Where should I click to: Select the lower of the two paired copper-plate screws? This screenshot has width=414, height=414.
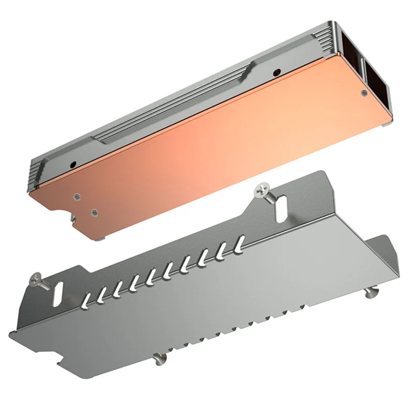point(94,212)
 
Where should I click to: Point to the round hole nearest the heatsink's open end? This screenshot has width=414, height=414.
point(277,72)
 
